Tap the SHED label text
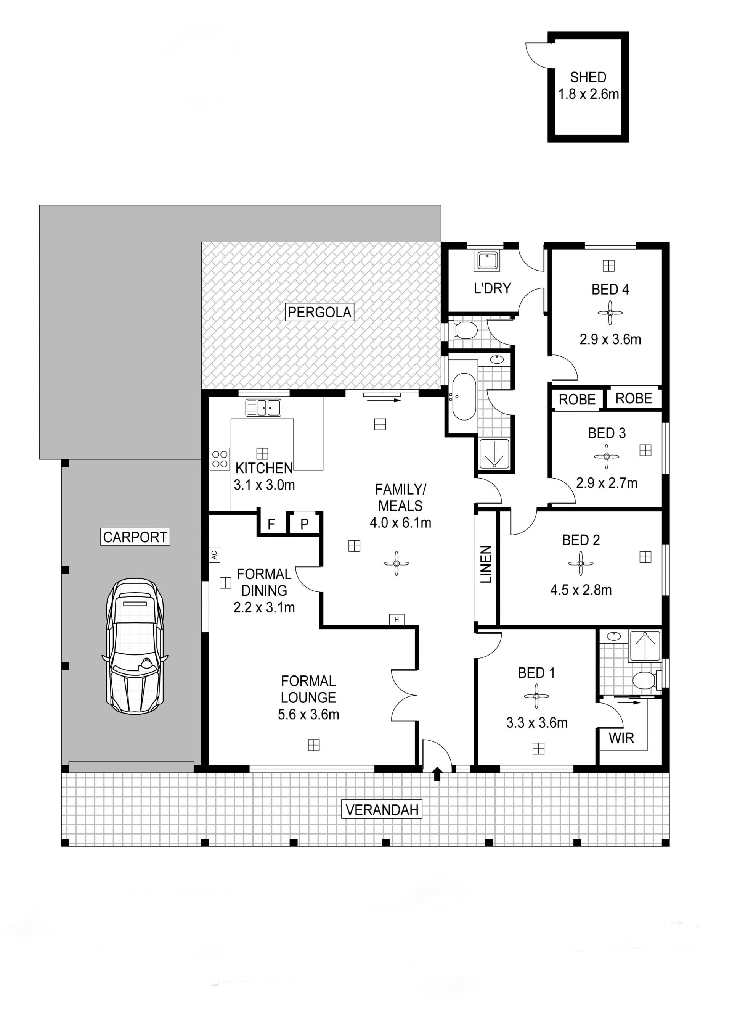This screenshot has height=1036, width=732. tap(588, 77)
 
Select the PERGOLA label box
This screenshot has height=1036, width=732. tap(319, 312)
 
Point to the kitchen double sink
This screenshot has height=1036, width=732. tap(263, 408)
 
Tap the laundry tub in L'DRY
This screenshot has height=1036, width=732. tap(487, 261)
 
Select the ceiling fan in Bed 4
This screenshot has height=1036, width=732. tap(610, 313)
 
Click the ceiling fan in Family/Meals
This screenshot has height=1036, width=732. tap(396, 563)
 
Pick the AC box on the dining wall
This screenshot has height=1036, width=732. tap(215, 554)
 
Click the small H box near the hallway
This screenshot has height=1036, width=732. tap(396, 620)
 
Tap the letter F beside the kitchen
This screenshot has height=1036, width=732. tap(271, 524)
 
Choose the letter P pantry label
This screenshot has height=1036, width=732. tap(305, 524)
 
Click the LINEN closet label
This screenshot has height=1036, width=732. tap(485, 564)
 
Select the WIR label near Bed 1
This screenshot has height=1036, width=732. tap(621, 738)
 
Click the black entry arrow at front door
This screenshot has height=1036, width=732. tap(437, 774)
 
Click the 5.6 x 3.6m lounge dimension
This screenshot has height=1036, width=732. tap(308, 714)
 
